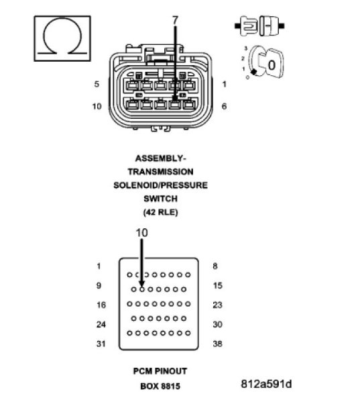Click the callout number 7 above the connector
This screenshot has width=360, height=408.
(176, 21)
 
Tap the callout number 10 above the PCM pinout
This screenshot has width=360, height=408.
(141, 232)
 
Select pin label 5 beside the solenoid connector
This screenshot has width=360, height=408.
(97, 84)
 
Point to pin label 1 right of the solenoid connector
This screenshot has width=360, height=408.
(224, 84)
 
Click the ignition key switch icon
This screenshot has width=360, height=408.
(263, 64)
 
